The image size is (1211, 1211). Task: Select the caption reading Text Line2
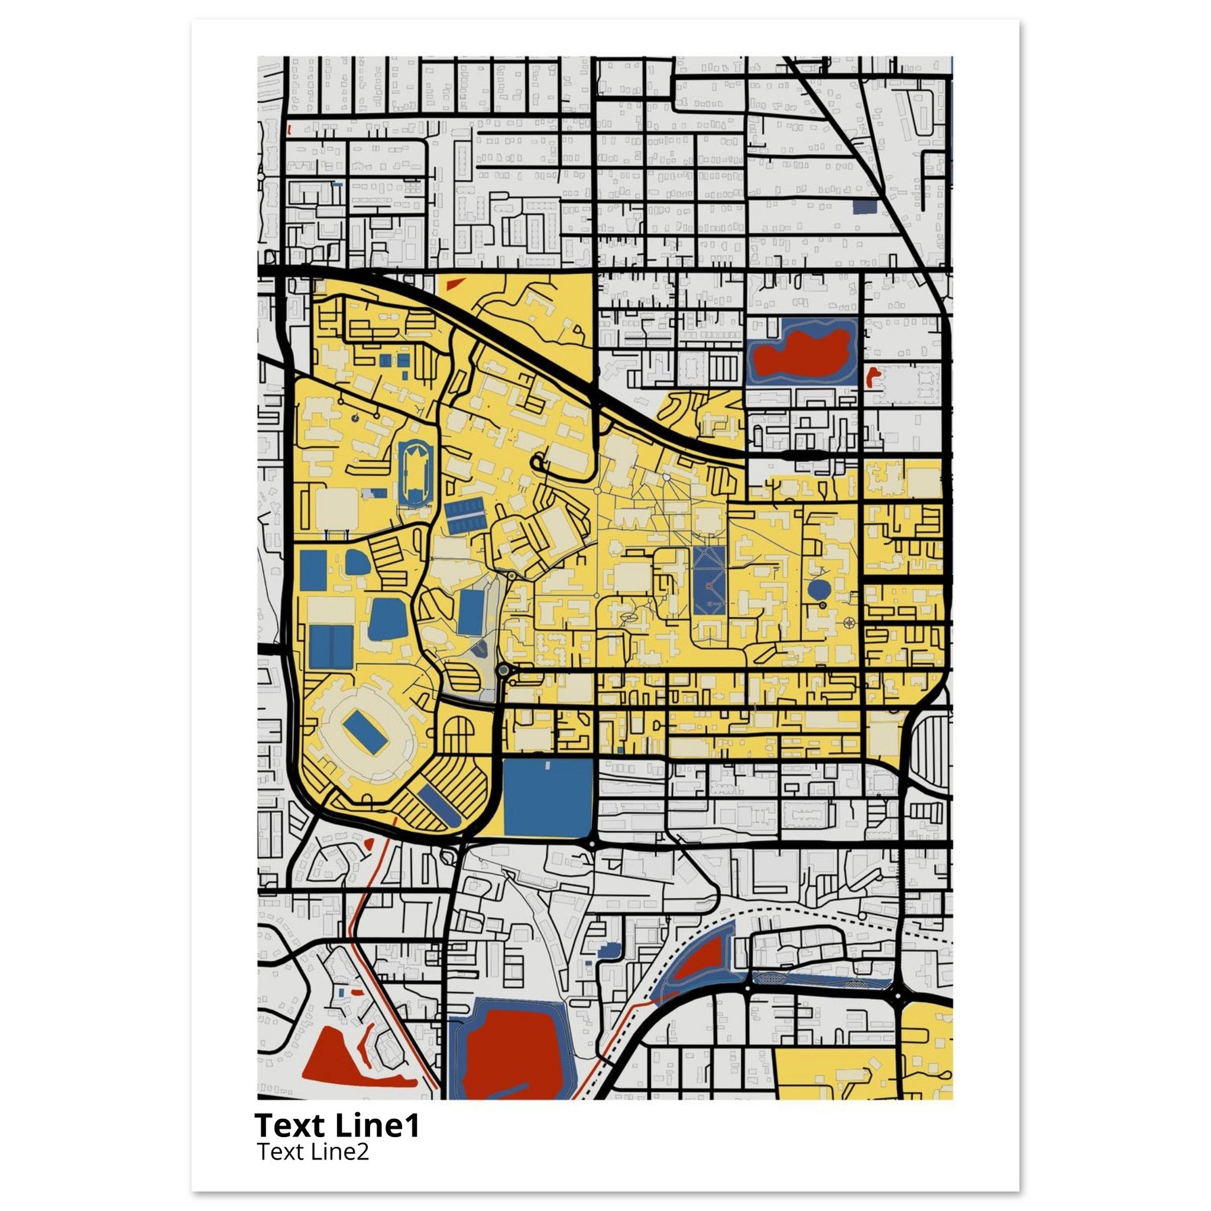[x=313, y=1151]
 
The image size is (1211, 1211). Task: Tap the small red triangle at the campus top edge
[x=453, y=284]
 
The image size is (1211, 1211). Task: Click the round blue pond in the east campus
[x=818, y=589]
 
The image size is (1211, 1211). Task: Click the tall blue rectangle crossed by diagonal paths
[x=710, y=581]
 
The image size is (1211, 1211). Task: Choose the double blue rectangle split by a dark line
[x=331, y=647]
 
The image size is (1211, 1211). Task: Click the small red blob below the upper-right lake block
[x=872, y=377]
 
